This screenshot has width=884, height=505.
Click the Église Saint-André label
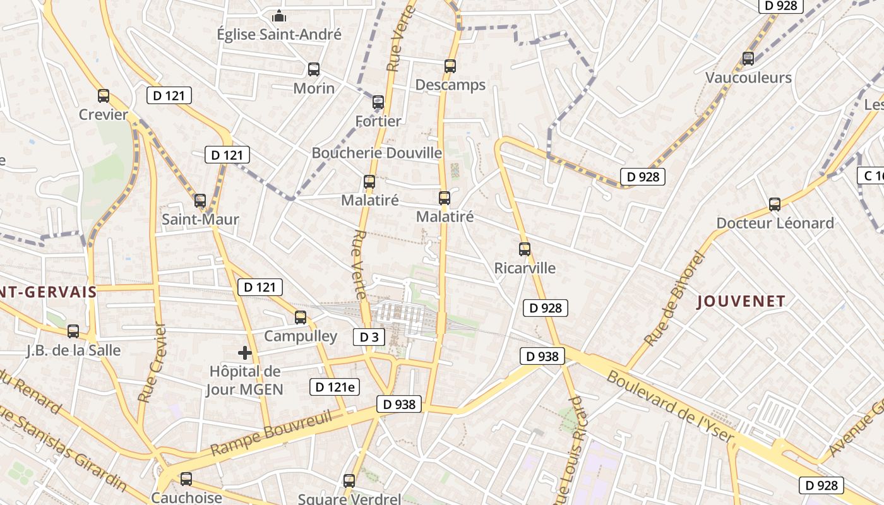click(279, 34)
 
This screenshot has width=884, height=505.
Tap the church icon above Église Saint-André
click(279, 16)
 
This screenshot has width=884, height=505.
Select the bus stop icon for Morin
click(314, 69)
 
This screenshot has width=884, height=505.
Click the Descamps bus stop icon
click(450, 66)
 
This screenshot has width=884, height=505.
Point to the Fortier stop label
click(378, 121)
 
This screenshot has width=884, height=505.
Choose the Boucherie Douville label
click(377, 153)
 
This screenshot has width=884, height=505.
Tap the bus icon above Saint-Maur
click(200, 201)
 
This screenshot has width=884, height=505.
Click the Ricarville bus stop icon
click(525, 249)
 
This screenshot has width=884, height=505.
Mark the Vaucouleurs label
click(748, 78)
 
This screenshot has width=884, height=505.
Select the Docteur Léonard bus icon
click(775, 205)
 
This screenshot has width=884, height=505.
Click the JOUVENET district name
click(741, 301)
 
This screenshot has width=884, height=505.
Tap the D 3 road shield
click(369, 337)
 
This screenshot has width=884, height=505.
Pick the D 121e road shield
click(335, 387)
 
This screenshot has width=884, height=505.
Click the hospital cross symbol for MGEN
click(245, 353)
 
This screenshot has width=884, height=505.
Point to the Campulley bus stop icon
click(301, 318)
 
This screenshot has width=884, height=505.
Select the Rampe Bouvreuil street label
click(272, 432)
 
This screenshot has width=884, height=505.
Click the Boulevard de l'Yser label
click(671, 408)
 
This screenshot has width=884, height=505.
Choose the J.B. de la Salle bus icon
click(73, 331)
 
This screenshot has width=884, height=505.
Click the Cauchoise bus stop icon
click(186, 479)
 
